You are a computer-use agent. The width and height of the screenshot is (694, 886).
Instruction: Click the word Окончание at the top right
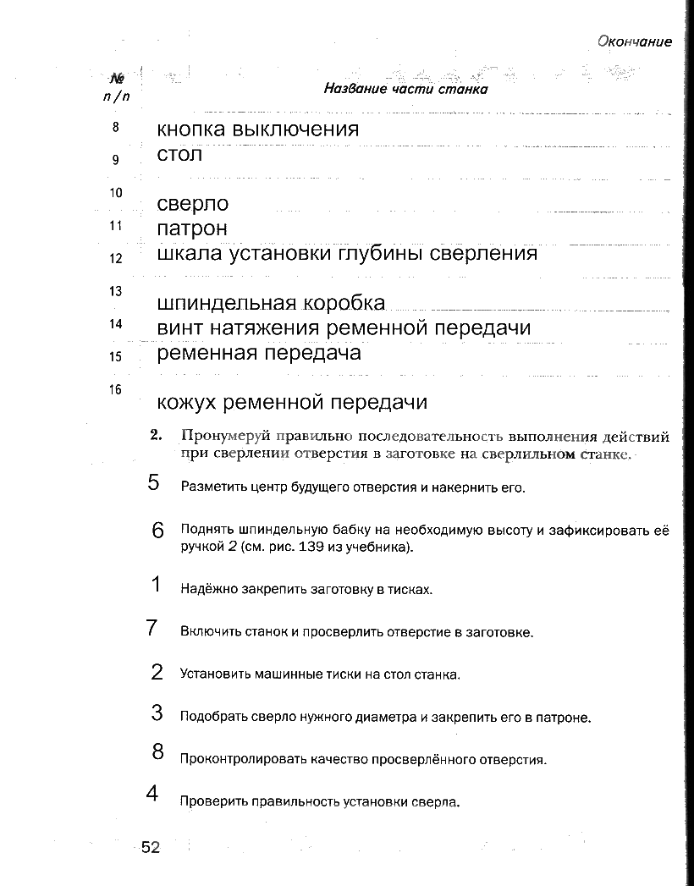click(x=634, y=41)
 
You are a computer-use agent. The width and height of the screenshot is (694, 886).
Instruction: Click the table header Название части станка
click(x=406, y=89)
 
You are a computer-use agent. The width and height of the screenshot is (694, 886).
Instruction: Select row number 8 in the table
click(x=117, y=128)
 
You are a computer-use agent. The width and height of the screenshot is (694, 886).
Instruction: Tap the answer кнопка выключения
click(x=258, y=129)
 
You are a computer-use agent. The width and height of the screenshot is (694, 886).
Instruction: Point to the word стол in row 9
click(x=179, y=155)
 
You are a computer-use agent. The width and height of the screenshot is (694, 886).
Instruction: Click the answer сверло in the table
click(x=193, y=204)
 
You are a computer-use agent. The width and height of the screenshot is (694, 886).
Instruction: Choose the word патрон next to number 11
click(x=192, y=228)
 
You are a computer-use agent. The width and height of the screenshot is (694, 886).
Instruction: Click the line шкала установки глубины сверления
click(x=347, y=253)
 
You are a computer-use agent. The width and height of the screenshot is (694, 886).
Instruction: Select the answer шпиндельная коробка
click(x=271, y=303)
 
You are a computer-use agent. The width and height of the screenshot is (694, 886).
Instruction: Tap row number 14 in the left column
click(x=117, y=324)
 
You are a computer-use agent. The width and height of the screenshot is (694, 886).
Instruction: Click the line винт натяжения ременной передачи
click(x=344, y=327)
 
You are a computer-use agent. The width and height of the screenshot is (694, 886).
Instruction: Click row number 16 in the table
click(x=117, y=390)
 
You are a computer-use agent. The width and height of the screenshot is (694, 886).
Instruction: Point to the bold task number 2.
click(x=155, y=437)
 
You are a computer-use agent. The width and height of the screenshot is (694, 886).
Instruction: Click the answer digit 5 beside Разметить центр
click(x=153, y=482)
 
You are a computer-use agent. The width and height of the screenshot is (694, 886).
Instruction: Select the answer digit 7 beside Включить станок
click(x=153, y=628)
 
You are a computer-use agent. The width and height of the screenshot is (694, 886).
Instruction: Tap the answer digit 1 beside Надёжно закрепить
click(x=156, y=584)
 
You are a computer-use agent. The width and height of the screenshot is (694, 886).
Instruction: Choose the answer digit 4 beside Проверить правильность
click(x=153, y=794)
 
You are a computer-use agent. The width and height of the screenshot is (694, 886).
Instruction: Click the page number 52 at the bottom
click(x=151, y=848)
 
